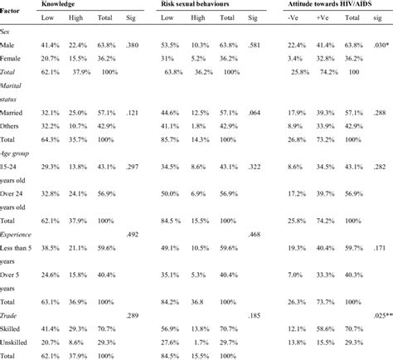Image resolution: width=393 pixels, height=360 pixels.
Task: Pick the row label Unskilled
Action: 19,342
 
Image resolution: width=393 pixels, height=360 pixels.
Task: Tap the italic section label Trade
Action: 12,316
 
